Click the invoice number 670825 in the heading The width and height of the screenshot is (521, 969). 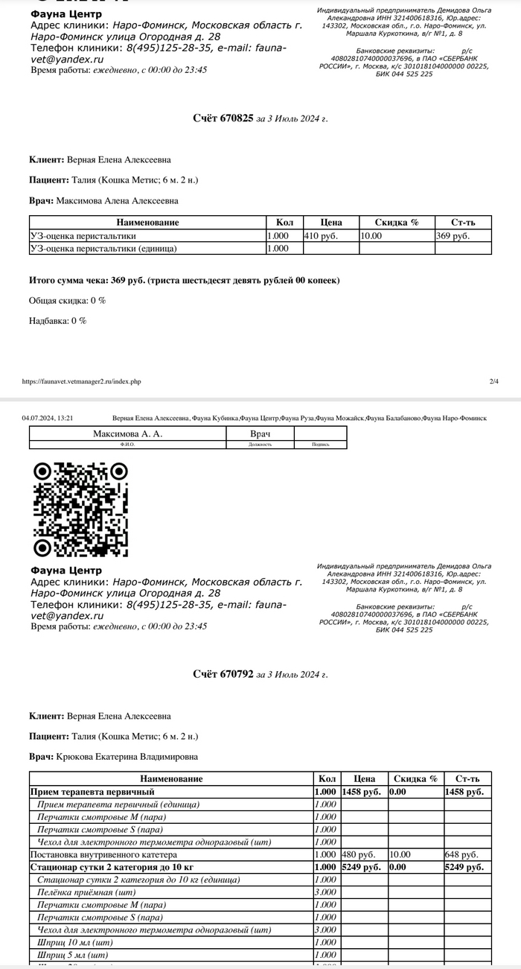pos(237,118)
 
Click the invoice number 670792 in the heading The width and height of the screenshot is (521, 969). pos(237,674)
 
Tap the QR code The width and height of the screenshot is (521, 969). pos(79,509)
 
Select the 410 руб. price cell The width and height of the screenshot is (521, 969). pos(322,236)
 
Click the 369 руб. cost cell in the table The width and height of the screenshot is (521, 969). pos(453,236)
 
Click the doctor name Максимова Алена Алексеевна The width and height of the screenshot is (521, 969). pos(117,200)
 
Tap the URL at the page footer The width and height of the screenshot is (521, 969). pos(81,381)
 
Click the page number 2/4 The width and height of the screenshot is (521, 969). pos(494,381)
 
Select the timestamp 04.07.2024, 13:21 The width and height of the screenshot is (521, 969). pos(48,419)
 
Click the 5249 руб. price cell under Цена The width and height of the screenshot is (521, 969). pos(361,868)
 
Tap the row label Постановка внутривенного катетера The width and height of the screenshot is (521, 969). pos(103,855)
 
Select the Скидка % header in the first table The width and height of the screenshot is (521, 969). pos(397,223)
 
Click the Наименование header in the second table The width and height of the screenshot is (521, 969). pos(170,779)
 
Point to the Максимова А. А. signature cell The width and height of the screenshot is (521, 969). pos(127,433)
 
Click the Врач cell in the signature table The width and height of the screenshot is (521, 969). pos(260,433)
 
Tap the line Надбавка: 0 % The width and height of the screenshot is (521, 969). pos(57,321)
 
